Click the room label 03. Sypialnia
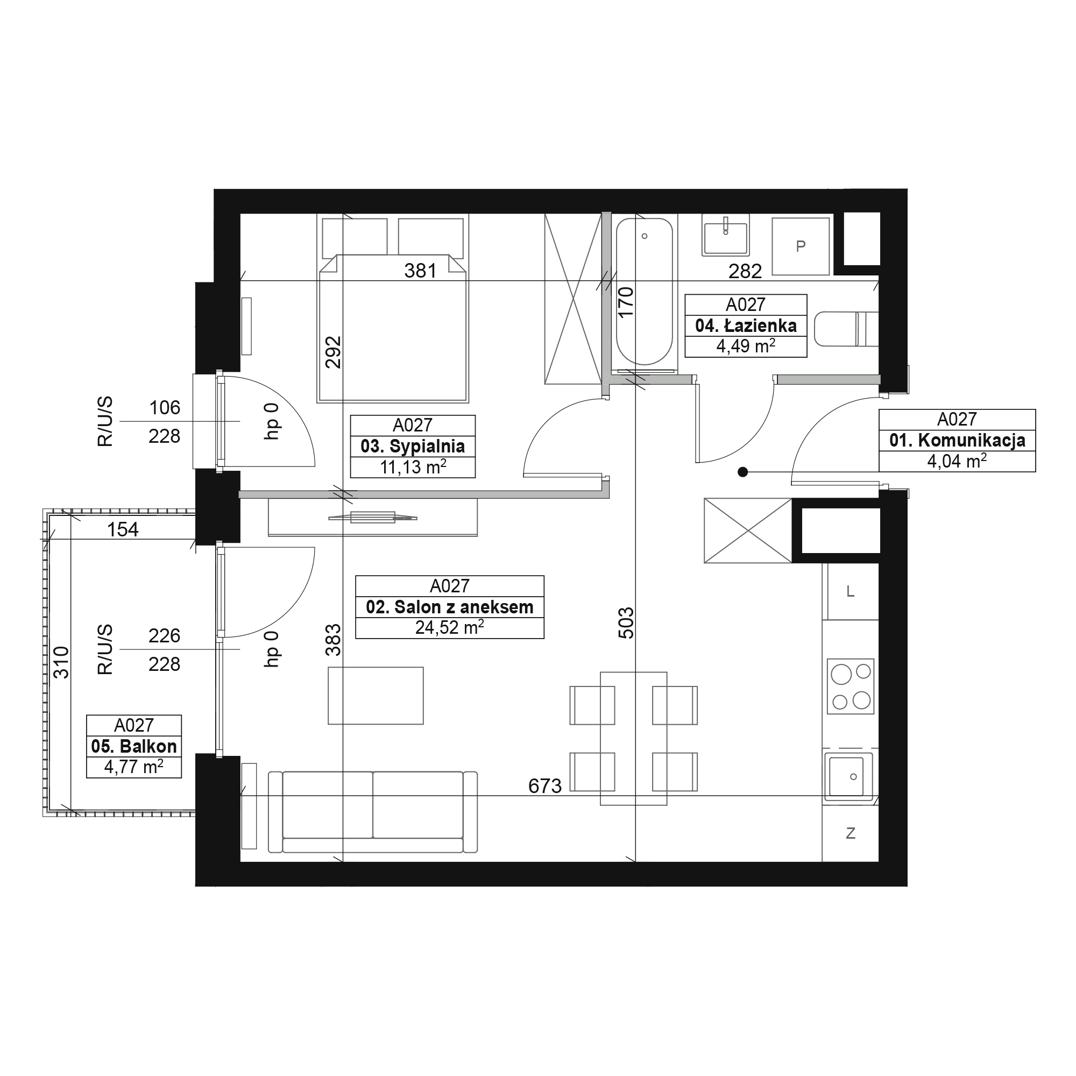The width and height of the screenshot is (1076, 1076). (413, 446)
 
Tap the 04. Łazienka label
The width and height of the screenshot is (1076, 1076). (746, 325)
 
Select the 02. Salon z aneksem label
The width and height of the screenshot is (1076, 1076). (449, 606)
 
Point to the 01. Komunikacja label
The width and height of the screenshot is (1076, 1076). (957, 440)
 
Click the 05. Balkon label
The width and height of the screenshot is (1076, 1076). (133, 746)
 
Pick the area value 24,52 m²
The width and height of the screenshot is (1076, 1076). (449, 627)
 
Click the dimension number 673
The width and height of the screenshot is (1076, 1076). (544, 786)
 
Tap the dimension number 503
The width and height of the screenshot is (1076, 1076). (626, 622)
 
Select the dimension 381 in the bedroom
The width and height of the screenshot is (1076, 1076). (420, 271)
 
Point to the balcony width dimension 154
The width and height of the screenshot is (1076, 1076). (123, 529)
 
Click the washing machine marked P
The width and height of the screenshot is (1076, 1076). (801, 246)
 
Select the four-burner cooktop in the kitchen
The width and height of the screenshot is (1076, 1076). (851, 686)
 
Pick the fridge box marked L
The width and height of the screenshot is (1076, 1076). (851, 591)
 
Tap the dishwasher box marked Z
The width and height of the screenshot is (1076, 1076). (851, 833)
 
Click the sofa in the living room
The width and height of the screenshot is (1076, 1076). (373, 811)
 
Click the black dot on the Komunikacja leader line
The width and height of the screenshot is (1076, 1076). (742, 472)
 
